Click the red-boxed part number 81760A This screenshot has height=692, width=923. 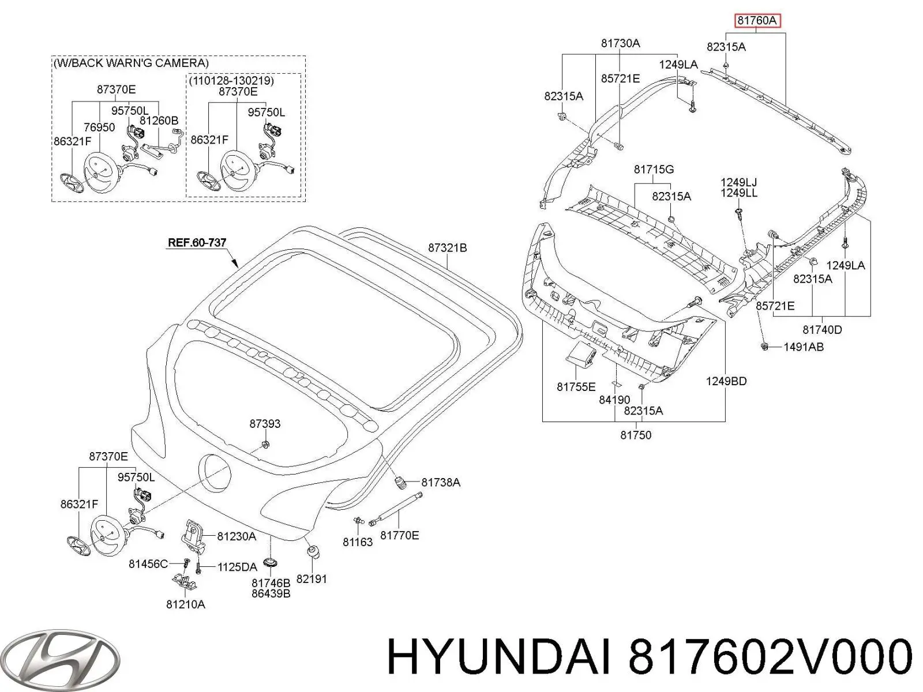[756, 21]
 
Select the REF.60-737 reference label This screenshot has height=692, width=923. [197, 243]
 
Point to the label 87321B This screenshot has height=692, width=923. [447, 248]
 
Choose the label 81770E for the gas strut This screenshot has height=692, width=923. [399, 535]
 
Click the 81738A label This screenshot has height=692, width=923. [440, 482]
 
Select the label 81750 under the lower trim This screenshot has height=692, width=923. [635, 435]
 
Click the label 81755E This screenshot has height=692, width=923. [576, 387]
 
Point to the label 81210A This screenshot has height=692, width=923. [185, 604]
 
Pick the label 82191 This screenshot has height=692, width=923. [312, 578]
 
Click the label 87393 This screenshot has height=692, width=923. [265, 423]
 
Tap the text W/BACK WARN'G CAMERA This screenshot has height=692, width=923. [131, 63]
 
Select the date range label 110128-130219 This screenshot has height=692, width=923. [231, 80]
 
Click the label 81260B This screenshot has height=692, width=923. [159, 121]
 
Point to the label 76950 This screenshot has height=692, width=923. [99, 127]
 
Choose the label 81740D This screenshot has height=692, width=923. [822, 329]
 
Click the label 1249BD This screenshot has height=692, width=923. [726, 381]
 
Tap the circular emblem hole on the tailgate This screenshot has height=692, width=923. [215, 473]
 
